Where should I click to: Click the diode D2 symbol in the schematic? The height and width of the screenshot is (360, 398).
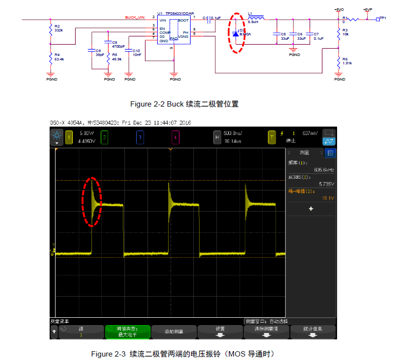[235, 33]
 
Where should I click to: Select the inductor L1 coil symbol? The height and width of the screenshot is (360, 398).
[256, 19]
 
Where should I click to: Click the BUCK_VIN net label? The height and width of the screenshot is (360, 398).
[135, 17]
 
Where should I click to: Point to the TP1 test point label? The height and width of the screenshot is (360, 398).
[383, 18]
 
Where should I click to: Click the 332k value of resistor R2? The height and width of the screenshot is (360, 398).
[58, 30]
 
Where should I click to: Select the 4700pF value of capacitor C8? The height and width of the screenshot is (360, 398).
[119, 46]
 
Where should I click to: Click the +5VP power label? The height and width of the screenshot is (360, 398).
[368, 9]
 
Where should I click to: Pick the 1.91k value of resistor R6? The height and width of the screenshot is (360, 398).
[347, 63]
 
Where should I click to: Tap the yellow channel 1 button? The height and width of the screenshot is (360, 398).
[69, 137]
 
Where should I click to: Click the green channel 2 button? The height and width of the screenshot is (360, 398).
[104, 137]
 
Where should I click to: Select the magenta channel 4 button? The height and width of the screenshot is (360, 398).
[175, 137]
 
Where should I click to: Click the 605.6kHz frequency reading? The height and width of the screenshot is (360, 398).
[324, 170]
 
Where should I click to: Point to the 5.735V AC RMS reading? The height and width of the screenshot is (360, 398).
[326, 184]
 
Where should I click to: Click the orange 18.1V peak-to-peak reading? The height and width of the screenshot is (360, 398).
[328, 198]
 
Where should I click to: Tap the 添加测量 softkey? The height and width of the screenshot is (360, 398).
[173, 332]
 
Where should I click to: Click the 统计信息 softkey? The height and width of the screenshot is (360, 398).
[313, 329]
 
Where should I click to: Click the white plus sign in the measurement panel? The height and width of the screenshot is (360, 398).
[311, 209]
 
